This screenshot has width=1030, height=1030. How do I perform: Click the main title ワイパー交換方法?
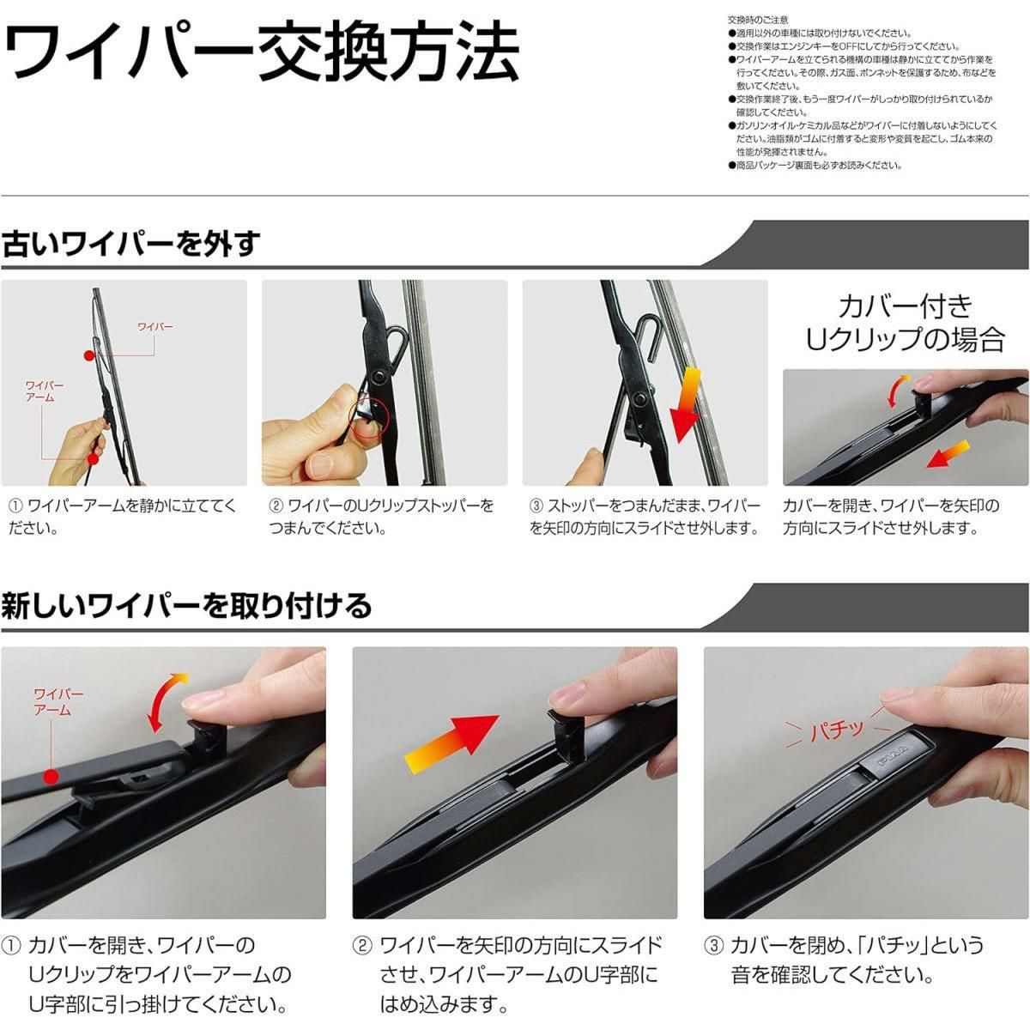[262, 52]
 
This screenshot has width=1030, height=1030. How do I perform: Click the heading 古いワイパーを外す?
[131, 244]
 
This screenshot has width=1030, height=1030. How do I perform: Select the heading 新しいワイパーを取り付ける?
[186, 606]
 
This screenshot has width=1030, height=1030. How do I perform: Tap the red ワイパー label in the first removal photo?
[155, 326]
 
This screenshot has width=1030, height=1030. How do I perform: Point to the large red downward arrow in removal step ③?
[685, 404]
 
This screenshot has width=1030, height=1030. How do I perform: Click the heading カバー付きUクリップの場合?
[905, 324]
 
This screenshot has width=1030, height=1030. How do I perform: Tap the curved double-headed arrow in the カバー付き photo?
[896, 391]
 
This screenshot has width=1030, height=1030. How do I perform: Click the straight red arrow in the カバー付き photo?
[948, 454]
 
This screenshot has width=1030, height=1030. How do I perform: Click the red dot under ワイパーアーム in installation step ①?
[51, 777]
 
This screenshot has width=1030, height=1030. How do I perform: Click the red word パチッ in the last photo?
[837, 729]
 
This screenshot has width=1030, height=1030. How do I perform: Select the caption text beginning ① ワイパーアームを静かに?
[123, 517]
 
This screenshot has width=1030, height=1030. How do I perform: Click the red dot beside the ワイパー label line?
[88, 354]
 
